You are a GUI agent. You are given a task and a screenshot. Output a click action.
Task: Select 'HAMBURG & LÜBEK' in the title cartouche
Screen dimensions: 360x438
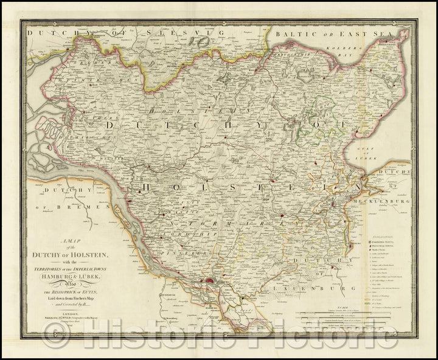[85, 264]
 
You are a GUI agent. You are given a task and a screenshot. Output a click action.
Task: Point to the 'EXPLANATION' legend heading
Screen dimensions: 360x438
[383, 234]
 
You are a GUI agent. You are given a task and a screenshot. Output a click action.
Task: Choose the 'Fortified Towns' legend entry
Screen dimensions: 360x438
[387, 241]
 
